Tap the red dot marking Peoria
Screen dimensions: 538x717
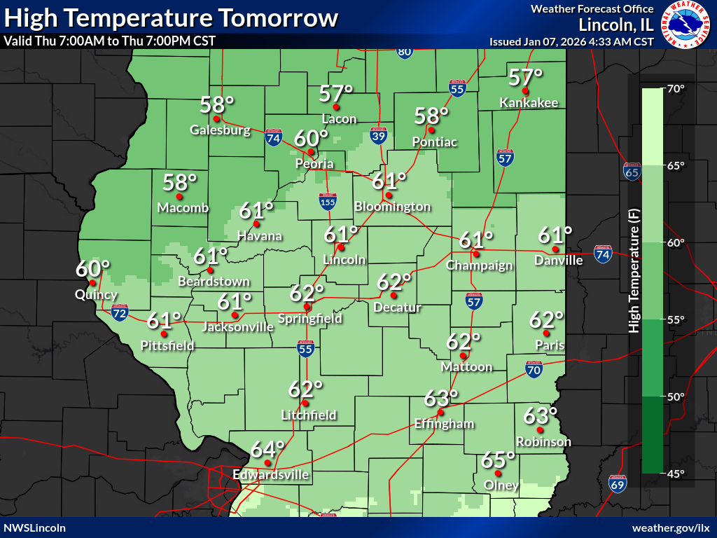click(x=311, y=151)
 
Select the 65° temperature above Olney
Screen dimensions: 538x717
click(x=498, y=460)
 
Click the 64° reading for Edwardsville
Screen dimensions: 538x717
click(x=268, y=448)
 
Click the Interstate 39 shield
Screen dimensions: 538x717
click(x=378, y=137)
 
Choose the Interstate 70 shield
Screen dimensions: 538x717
click(x=534, y=369)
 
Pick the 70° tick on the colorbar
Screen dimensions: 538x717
click(x=676, y=89)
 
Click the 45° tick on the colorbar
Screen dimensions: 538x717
click(x=676, y=474)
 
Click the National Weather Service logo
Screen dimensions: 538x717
click(x=685, y=25)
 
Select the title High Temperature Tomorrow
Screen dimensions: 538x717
click(x=172, y=18)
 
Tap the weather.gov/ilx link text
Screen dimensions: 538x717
click(x=671, y=527)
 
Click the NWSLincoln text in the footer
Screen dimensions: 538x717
click(x=35, y=527)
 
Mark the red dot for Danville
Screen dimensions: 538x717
click(x=555, y=249)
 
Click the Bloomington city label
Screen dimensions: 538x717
click(x=392, y=207)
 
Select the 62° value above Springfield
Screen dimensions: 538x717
click(x=307, y=292)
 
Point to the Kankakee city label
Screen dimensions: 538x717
click(x=529, y=103)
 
